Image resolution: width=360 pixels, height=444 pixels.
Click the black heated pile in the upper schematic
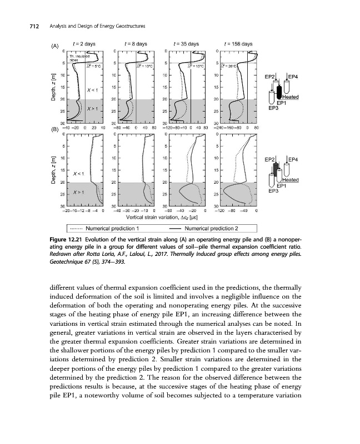click(x=280, y=89)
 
